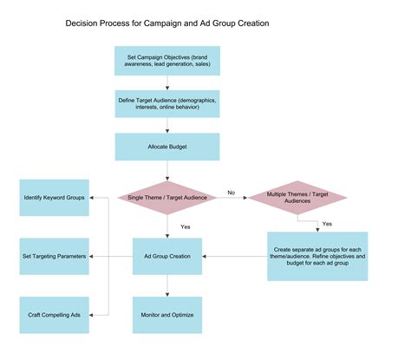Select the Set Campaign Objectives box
click(x=167, y=61)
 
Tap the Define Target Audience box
click(x=167, y=104)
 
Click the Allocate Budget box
click(x=167, y=146)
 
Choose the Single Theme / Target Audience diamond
click(x=167, y=198)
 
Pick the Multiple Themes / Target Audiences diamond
click(x=297, y=198)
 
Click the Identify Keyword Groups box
click(x=54, y=198)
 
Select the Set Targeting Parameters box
click(x=54, y=256)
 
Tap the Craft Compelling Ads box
click(x=54, y=314)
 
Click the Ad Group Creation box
click(x=167, y=256)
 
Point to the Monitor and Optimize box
click(x=167, y=314)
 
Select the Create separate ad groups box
click(x=316, y=256)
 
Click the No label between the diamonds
click(x=232, y=192)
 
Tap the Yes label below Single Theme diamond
click(x=186, y=226)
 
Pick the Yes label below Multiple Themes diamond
click(x=327, y=223)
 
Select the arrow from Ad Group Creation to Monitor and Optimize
click(x=167, y=286)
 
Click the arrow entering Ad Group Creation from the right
click(x=234, y=256)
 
